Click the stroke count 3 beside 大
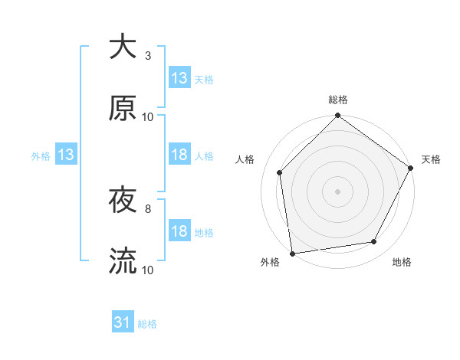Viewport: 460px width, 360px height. (148, 56)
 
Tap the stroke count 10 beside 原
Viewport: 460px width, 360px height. (148, 117)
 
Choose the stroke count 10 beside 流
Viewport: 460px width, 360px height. (148, 270)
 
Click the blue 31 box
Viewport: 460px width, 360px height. (123, 323)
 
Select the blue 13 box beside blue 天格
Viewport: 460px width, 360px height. (179, 78)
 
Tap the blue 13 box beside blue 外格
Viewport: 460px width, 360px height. (66, 155)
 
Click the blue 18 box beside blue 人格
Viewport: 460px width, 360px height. (179, 155)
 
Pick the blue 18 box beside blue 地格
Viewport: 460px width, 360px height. (179, 231)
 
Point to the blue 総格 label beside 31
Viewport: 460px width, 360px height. (147, 324)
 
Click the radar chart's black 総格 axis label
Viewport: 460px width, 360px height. (338, 100)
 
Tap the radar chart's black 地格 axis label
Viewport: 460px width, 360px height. (402, 263)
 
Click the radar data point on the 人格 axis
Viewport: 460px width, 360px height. (280, 172)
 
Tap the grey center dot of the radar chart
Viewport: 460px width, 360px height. (338, 191)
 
